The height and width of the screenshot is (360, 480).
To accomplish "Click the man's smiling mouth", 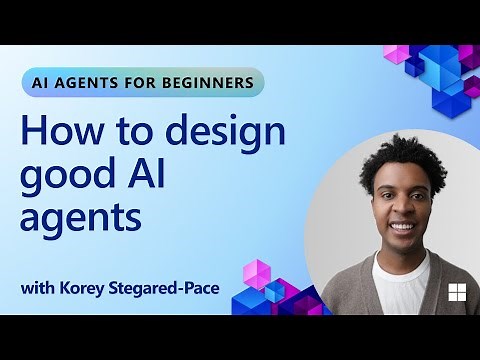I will coord(401,227).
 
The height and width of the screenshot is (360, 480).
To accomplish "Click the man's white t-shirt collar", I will coord(401,262).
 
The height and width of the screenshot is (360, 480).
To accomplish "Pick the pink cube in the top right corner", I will coord(396,54).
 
